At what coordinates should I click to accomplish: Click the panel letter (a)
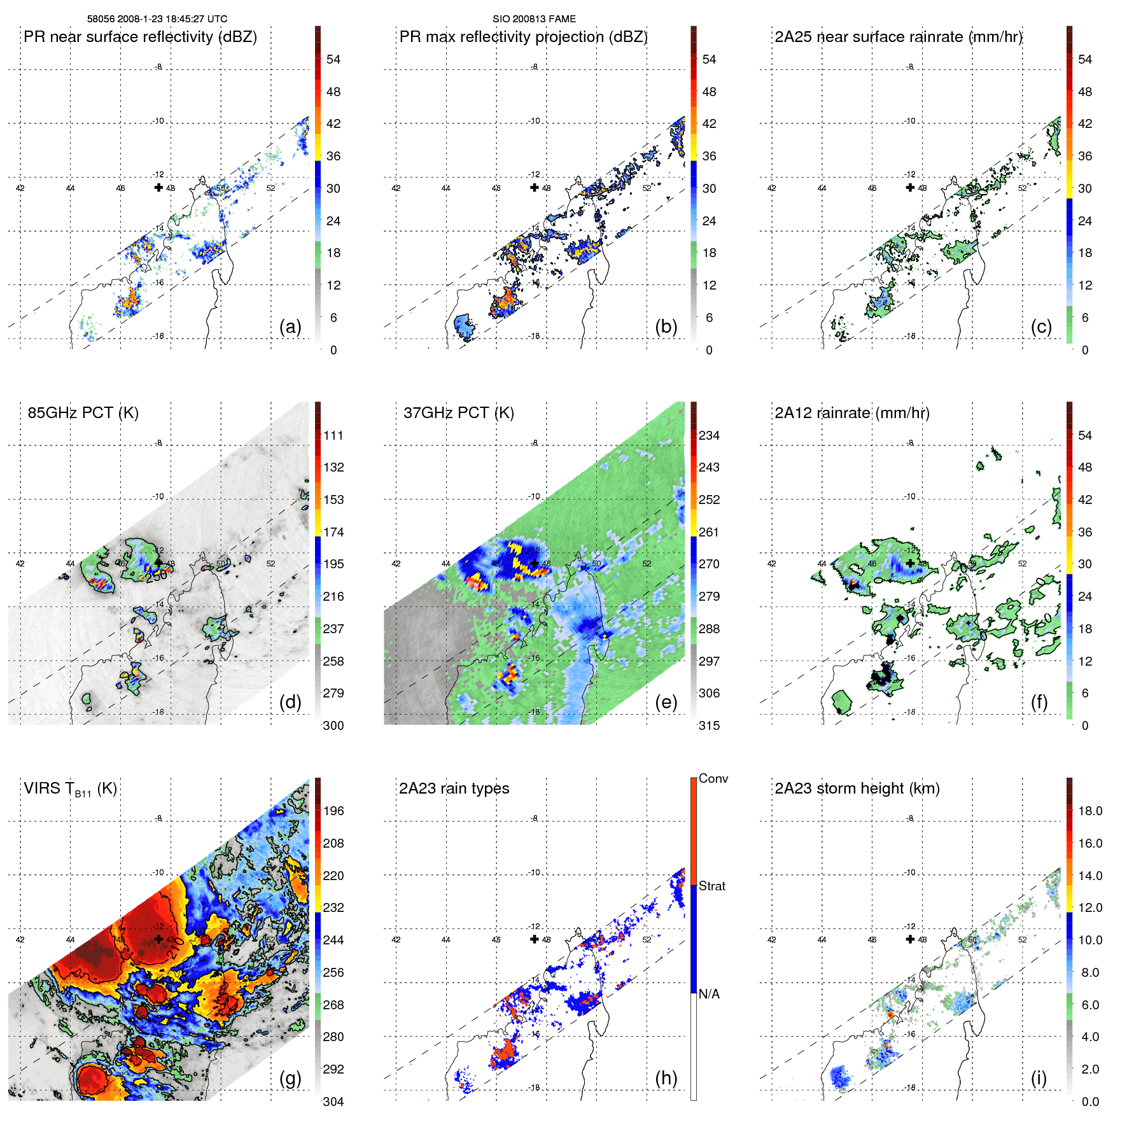(x=290, y=327)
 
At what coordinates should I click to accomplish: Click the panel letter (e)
(x=666, y=703)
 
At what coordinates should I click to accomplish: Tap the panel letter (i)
(x=1039, y=1078)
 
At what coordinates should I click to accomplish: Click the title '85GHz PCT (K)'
(x=83, y=413)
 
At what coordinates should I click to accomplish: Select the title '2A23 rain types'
(x=454, y=788)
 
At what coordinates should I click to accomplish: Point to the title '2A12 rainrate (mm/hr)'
(x=852, y=413)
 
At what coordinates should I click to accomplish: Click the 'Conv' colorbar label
(x=713, y=778)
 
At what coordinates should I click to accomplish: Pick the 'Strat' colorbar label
(x=712, y=886)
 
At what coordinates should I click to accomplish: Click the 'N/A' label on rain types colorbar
(x=709, y=994)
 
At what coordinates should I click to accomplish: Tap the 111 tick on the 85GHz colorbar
(x=333, y=435)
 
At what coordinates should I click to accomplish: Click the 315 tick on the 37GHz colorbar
(x=709, y=725)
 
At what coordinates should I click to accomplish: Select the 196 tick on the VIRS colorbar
(x=333, y=811)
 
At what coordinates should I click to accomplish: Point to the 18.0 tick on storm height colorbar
(x=1090, y=811)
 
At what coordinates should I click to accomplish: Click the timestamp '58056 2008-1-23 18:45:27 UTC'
(x=157, y=19)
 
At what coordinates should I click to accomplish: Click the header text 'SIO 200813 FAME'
(x=534, y=19)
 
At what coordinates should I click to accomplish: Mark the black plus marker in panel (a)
(x=158, y=187)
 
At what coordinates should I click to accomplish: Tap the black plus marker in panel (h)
(x=535, y=939)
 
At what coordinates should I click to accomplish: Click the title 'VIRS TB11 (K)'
(x=70, y=789)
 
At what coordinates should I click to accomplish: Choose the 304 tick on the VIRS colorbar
(x=333, y=1102)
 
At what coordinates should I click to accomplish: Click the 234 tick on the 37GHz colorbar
(x=709, y=435)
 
